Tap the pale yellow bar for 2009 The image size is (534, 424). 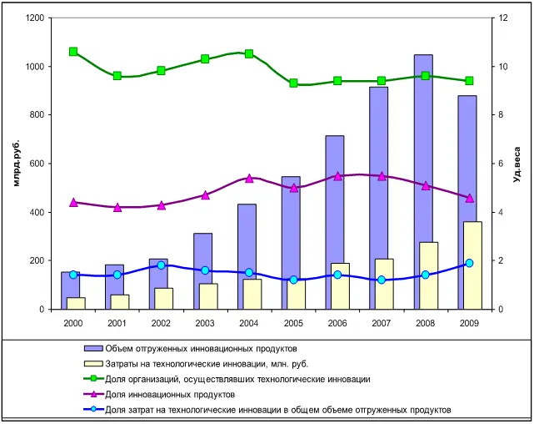coord(473,265)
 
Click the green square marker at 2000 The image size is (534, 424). coord(73,52)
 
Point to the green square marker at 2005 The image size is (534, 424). coord(293,83)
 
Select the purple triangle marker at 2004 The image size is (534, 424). coord(249,178)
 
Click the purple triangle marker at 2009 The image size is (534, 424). coord(470,198)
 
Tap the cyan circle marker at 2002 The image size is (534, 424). coord(162,265)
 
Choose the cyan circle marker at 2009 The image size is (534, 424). coord(470,263)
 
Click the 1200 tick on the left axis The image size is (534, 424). coord(36,18)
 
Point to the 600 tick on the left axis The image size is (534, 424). coord(38,164)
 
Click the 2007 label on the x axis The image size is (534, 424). coord(382,322)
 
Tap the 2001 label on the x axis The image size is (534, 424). coord(117,322)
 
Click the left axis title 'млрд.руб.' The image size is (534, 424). coord(17,164)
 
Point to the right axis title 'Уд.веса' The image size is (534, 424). coord(517,164)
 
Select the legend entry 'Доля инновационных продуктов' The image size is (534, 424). coord(176,394)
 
